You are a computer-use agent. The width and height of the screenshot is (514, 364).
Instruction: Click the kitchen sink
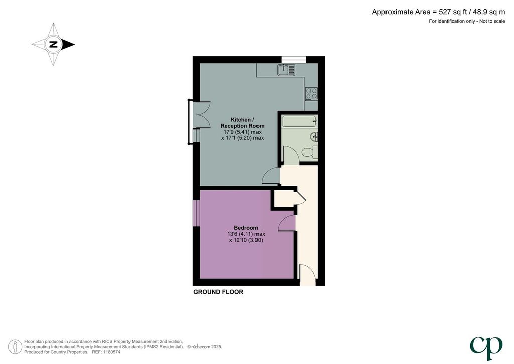pos(286,70)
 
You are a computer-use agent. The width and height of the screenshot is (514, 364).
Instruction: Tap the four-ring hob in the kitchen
pos(311,94)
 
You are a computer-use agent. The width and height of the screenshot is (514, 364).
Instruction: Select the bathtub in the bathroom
pos(300,121)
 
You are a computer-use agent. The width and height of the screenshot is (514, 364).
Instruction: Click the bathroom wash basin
pos(314,136)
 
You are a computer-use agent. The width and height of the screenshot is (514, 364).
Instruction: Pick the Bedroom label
pos(246,228)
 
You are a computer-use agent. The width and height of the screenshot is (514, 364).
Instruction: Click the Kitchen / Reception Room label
pos(242,123)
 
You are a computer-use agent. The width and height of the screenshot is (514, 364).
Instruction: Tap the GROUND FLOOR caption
pos(218,292)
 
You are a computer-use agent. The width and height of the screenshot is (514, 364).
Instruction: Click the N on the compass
pos(53,44)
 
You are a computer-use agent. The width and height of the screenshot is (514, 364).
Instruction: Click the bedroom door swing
pos(286,224)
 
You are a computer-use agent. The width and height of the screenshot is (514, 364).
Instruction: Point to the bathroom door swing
pos(291,155)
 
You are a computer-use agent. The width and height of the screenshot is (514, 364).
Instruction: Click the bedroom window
pos(196,213)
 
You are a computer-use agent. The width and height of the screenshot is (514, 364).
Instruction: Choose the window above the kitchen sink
pos(293,59)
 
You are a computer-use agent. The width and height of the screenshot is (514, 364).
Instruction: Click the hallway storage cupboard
pos(285,198)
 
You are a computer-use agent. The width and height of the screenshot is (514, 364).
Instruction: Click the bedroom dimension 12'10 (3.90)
pos(246,240)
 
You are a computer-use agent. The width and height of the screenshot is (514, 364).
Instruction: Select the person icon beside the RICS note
pos(15,347)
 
